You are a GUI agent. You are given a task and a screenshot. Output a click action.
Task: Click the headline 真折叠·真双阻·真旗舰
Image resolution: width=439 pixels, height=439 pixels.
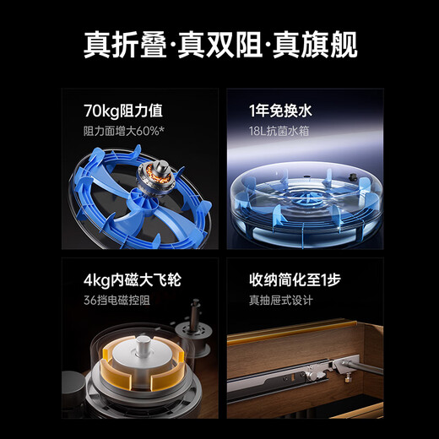click(x=219, y=43)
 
